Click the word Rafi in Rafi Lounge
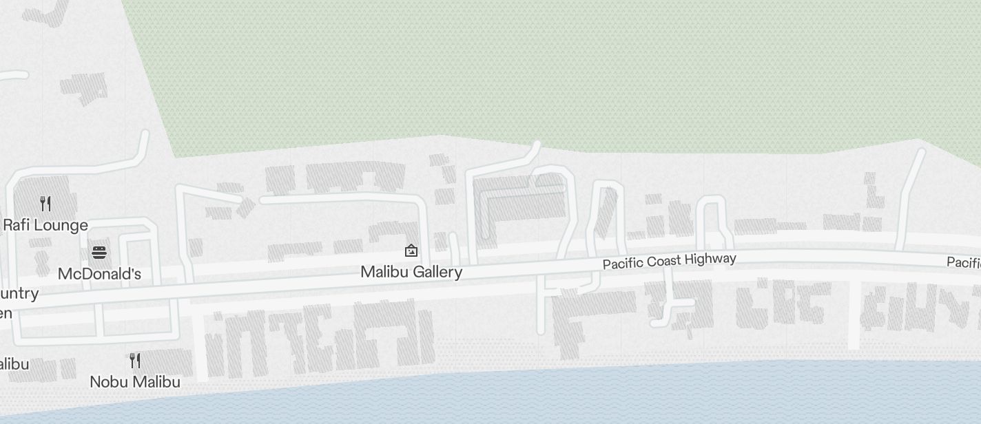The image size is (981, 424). pyautogui.click(x=16, y=225)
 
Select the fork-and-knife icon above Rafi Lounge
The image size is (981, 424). pyautogui.click(x=45, y=203)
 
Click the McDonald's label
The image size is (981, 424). pyautogui.click(x=99, y=274)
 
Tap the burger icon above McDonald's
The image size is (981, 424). pyautogui.click(x=100, y=252)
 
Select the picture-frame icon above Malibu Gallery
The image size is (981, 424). pyautogui.click(x=411, y=251)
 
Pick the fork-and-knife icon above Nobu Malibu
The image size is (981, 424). pyautogui.click(x=135, y=360)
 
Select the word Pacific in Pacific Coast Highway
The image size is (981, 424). pyautogui.click(x=623, y=264)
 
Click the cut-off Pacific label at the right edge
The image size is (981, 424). pyautogui.click(x=964, y=262)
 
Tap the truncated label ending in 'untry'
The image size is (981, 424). pyautogui.click(x=19, y=294)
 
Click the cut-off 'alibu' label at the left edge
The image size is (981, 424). pyautogui.click(x=14, y=364)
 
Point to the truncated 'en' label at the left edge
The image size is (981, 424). pyautogui.click(x=6, y=313)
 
